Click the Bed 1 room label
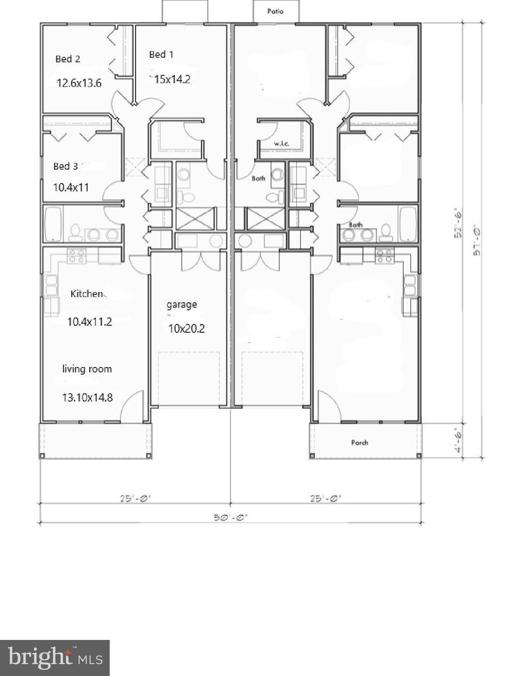161,55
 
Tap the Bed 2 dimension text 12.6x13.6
79,83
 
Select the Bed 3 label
66,166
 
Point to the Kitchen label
87,294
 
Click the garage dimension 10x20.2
186,328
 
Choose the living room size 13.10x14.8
87,397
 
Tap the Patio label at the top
275,11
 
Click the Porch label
359,442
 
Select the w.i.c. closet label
281,144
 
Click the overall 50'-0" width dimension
231,517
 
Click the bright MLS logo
55,658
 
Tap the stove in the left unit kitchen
76,256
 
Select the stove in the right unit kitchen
384,256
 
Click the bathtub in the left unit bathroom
53,224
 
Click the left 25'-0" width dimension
136,498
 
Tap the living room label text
87,369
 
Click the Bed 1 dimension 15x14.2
172,79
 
